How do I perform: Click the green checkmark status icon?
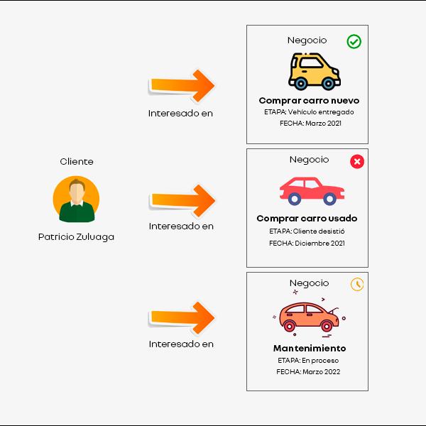354,42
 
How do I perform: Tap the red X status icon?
357,163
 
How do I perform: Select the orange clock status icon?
357,284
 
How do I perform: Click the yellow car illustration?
314,70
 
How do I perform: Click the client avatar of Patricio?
76,200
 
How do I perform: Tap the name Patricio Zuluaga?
76,237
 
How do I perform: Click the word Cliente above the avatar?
77,162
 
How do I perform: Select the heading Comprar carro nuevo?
309,101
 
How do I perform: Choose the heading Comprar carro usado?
307,219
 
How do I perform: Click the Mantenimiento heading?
310,349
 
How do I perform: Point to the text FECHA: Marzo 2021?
310,124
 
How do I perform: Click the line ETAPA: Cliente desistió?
307,231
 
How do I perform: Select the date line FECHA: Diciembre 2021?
307,244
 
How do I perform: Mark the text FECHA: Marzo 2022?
309,371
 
